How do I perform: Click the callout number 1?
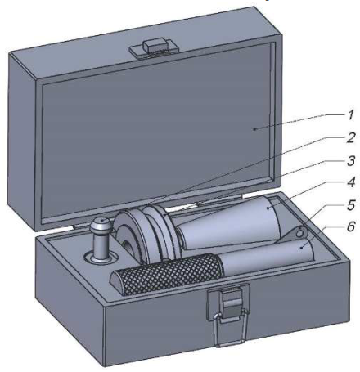[351, 114]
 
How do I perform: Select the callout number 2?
[351, 138]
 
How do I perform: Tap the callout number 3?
[351, 161]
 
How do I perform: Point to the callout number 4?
[351, 182]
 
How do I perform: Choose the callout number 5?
[351, 205]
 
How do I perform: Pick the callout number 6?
[351, 226]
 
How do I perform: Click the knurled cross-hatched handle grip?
[167, 274]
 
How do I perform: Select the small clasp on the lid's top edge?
[154, 48]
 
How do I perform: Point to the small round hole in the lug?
[299, 234]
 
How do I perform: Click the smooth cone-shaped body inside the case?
[232, 224]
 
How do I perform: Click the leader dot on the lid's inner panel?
[254, 129]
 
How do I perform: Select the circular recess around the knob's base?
[101, 258]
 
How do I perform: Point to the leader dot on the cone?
[268, 208]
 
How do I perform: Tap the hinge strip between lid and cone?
[219, 199]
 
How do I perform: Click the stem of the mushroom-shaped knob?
[101, 245]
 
